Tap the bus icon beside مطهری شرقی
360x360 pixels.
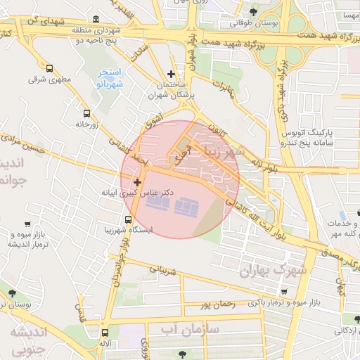(49, 68)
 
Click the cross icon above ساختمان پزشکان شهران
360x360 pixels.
(171, 74)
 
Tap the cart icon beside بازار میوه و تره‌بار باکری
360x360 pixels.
(283, 291)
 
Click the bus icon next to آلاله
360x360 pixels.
(105, 333)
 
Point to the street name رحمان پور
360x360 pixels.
(215, 304)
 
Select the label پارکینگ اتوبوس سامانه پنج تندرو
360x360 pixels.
(309, 137)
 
